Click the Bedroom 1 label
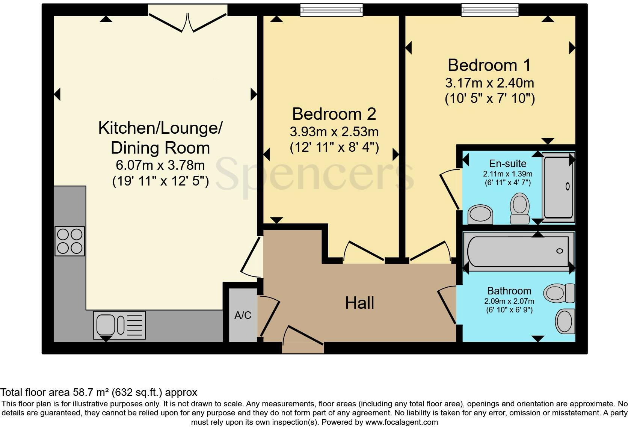(489, 65)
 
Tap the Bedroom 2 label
(334, 114)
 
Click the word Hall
(359, 303)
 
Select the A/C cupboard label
(243, 315)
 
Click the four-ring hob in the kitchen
(70, 241)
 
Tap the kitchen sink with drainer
(119, 325)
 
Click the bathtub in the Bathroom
(518, 251)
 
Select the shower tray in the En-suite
(559, 187)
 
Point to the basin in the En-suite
(480, 215)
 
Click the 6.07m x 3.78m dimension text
(160, 165)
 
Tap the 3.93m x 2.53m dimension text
(334, 132)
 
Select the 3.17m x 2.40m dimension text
(489, 83)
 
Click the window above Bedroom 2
(331, 10)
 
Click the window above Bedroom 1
(490, 10)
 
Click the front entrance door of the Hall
(303, 340)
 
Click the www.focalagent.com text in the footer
(401, 422)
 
